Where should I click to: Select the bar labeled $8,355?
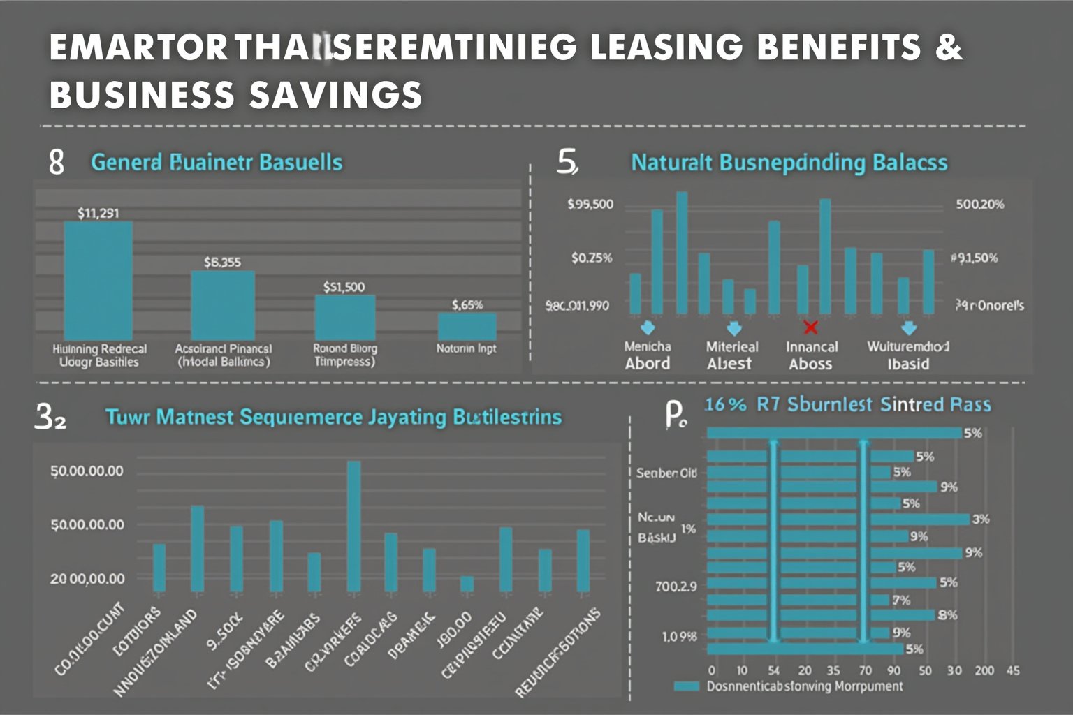pos(222,305)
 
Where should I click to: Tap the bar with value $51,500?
pos(344,317)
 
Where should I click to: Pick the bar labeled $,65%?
pos(467,326)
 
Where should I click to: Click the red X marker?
pos(810,327)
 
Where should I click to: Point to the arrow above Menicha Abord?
pos(648,327)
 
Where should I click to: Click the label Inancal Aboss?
pos(811,355)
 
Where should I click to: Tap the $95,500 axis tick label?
pos(590,205)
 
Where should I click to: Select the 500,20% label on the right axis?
pos(979,205)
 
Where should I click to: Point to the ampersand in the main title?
pos(949,47)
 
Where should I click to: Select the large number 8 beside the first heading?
pos(57,162)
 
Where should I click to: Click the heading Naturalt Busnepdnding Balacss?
pos(789,163)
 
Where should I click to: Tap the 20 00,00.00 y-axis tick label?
pos(87,579)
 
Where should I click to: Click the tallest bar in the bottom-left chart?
pos(354,526)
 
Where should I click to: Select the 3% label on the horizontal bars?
pos(981,519)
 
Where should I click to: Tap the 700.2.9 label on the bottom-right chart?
pos(676,586)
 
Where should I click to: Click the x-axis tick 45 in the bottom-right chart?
pos(1013,671)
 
